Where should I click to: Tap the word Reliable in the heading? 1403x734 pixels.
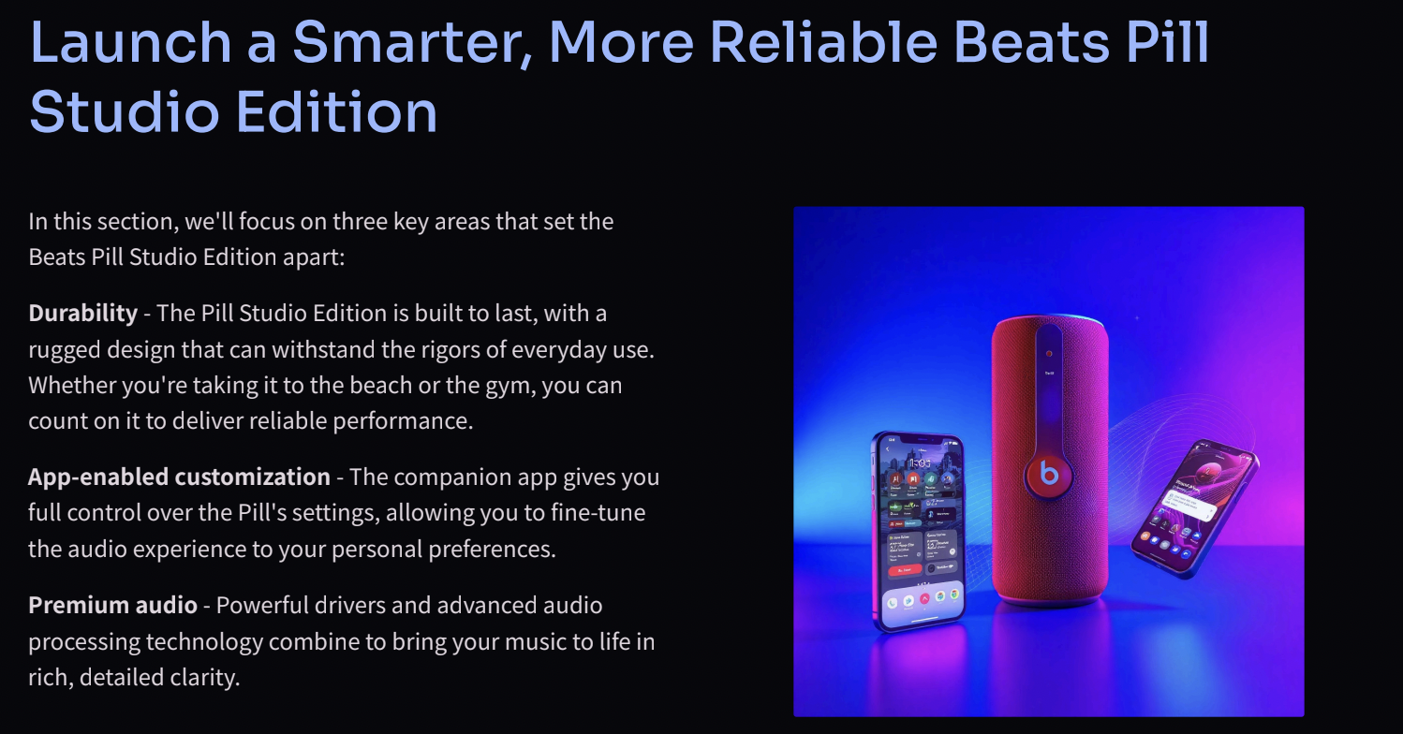tap(823, 42)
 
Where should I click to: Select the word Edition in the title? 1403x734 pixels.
tap(336, 111)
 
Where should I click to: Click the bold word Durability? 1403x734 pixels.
tap(82, 313)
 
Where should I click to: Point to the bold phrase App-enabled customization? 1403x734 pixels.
tap(179, 477)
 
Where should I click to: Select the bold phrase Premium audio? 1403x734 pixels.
tap(112, 606)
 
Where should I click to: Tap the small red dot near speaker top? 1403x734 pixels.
tap(1049, 354)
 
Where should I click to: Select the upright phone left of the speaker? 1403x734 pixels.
tap(919, 531)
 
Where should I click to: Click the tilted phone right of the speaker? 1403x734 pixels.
tap(1194, 508)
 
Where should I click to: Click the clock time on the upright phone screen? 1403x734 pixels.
tap(920, 463)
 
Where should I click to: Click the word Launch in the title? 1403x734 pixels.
tap(131, 42)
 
